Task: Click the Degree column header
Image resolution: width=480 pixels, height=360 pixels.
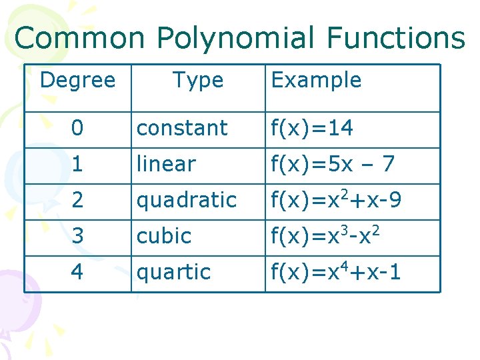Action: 77,81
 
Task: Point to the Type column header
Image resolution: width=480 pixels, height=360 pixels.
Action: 198,81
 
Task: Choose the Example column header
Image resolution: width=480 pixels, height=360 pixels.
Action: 316,81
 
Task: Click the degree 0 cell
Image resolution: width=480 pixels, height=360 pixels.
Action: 78,128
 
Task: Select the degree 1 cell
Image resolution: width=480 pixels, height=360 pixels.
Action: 78,164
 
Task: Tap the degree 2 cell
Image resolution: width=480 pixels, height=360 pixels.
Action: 78,200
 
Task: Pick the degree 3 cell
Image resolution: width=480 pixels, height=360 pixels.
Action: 78,236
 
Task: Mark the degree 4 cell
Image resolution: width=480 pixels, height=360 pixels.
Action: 78,272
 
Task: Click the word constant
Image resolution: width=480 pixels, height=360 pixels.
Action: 182,128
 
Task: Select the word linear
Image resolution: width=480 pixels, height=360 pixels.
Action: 166,164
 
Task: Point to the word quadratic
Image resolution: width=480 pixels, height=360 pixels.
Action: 187,200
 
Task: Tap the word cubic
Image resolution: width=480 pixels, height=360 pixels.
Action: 164,236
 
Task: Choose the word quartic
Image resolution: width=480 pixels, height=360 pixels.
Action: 173,272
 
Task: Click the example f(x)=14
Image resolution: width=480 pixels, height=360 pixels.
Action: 312,128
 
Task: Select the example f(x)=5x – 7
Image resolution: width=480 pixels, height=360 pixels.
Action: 331,164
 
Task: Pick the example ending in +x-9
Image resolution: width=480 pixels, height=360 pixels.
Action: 335,200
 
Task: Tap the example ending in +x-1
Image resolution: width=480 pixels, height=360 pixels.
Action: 335,272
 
